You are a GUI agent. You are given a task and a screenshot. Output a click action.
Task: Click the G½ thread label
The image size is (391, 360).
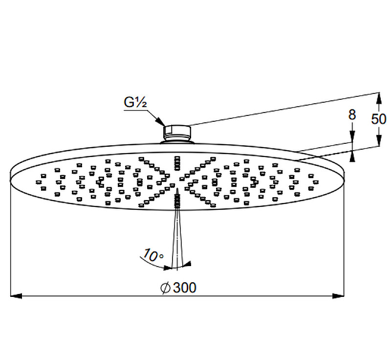coord(135,102)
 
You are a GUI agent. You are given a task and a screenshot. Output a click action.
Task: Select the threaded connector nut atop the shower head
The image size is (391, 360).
coord(177,134)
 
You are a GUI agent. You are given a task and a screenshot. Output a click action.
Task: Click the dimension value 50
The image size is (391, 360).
coord(378,119)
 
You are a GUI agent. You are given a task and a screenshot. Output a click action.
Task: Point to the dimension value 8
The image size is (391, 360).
coord(352,115)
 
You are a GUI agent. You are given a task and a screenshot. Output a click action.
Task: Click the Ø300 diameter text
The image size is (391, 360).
coord(178,288)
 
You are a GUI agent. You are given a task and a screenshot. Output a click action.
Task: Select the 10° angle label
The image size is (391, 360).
coord(153,255)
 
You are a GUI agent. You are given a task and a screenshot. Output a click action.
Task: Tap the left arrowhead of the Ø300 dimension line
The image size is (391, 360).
coord(16,296)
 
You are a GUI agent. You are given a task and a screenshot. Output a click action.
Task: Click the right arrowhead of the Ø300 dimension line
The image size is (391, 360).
coord(338,296)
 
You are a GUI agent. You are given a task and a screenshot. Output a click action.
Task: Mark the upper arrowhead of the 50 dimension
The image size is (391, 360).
coord(379,98)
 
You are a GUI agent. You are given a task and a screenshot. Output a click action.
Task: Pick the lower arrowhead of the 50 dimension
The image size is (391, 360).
coord(379,140)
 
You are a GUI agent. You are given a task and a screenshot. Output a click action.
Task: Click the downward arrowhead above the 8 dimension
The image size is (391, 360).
coord(352,136)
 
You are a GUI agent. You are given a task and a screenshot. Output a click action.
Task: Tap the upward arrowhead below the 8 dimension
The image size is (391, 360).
coord(352,156)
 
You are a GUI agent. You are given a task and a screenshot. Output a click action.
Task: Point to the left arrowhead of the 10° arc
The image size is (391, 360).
coord(168,268)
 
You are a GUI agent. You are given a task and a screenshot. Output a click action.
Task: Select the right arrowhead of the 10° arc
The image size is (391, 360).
coord(187,264)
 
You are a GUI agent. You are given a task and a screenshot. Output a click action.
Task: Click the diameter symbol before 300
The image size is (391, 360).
coord(165,288)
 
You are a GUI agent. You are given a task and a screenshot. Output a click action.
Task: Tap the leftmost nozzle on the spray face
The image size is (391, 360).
coord(38,182)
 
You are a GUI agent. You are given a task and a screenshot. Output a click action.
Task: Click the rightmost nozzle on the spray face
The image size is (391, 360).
coord(316,182)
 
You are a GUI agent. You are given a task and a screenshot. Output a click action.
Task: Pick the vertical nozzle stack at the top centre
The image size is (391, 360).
coord(177,163)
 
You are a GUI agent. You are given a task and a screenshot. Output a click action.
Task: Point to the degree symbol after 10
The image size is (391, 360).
coord(161,256)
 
